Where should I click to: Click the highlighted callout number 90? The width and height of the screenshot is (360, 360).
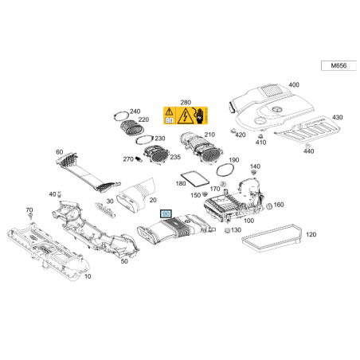click(166, 213)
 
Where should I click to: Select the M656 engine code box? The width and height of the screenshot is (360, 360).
click(338, 65)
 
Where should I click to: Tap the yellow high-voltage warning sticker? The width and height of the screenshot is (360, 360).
click(186, 115)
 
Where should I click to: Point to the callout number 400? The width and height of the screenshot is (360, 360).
click(294, 85)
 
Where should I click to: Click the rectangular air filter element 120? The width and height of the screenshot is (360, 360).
click(272, 238)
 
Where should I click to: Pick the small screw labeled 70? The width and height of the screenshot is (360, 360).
click(31, 216)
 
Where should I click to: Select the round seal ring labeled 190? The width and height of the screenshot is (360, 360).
click(225, 170)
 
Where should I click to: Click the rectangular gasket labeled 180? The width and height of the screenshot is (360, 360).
click(194, 179)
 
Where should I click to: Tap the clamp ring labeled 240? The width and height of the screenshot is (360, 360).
click(122, 116)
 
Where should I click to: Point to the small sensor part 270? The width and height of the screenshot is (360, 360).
click(139, 159)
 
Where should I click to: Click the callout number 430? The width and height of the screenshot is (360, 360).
click(337, 117)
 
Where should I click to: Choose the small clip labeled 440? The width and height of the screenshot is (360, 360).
click(307, 146)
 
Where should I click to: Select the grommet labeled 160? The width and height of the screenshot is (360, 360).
click(268, 206)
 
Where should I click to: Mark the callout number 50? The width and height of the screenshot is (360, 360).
click(124, 261)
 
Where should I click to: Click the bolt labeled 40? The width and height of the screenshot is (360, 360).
click(60, 194)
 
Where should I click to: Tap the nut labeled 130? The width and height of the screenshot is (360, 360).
click(227, 230)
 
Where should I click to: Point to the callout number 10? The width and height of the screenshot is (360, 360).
click(88, 276)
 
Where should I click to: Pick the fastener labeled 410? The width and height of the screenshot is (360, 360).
click(260, 136)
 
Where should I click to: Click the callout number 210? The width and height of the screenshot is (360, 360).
click(209, 135)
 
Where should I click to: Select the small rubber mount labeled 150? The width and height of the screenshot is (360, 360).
click(205, 194)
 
